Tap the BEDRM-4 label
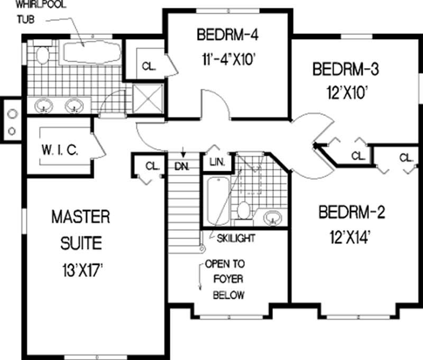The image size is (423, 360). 228,36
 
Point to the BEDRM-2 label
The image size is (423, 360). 352,213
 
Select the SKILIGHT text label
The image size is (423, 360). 236,238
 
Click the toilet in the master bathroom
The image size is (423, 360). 42,54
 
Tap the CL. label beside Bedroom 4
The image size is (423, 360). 148,67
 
